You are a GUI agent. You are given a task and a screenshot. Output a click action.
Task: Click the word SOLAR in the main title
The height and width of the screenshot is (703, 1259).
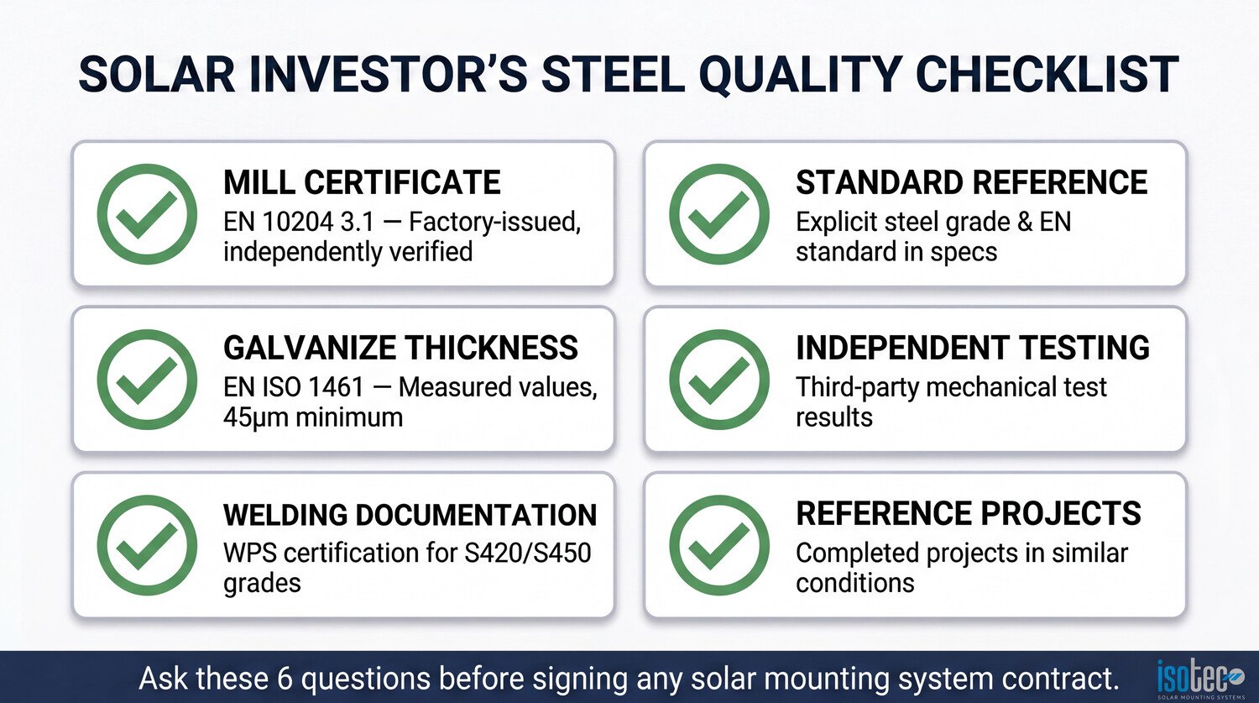coord(157,75)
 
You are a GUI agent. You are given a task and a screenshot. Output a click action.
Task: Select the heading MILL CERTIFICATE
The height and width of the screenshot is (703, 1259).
coord(362,182)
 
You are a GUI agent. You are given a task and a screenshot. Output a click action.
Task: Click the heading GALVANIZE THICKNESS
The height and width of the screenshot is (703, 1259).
coord(400,348)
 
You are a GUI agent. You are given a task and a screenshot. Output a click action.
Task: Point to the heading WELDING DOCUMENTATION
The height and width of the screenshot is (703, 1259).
coord(410,515)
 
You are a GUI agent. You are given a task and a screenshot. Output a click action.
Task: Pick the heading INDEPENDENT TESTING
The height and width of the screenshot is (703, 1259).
coord(972,348)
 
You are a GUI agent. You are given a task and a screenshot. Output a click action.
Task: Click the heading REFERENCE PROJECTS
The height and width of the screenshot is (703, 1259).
coord(969,513)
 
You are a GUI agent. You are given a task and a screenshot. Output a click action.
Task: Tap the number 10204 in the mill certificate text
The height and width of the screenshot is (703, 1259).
coord(298,222)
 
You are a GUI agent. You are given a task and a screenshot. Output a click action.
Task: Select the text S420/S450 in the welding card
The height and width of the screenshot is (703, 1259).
coord(528,553)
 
